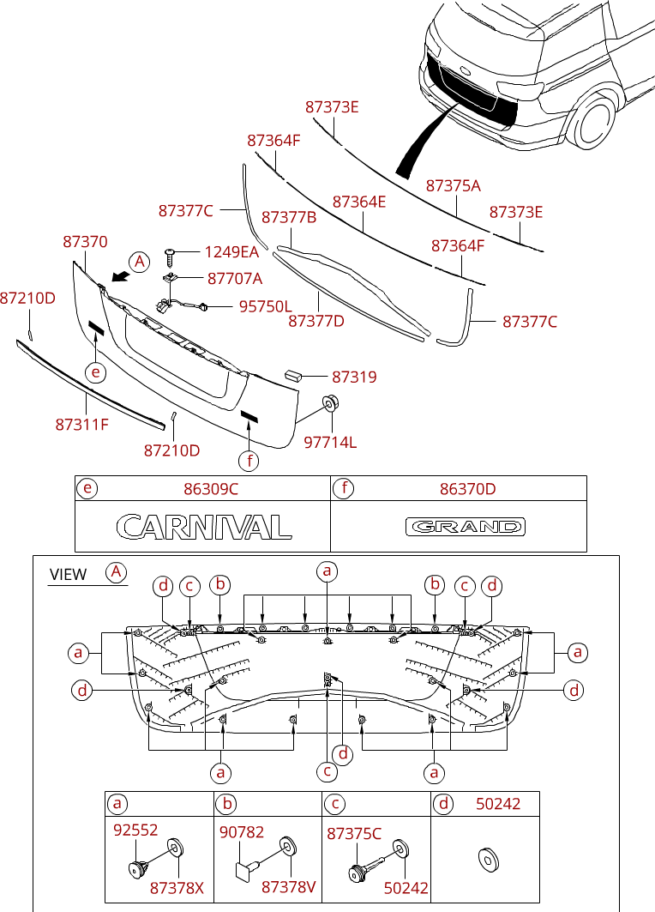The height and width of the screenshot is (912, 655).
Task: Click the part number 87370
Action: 86,242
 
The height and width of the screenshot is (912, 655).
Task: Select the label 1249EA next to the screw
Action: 231,252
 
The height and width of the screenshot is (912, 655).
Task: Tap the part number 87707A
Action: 235,279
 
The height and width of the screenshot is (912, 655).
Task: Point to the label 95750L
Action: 265,306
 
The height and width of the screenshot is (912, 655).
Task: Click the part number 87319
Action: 355,377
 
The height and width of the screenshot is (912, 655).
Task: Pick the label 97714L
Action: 330,442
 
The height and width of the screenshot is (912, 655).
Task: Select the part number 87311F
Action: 82,424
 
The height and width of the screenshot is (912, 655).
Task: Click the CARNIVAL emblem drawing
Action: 202,526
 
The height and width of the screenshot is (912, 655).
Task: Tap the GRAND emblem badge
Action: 466,527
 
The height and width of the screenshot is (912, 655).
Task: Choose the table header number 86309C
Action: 211,489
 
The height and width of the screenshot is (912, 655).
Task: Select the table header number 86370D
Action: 468,489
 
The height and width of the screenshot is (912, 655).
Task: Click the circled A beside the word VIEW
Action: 116,572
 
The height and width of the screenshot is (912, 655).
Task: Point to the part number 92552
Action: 135,830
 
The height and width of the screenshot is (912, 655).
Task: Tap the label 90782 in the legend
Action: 242,832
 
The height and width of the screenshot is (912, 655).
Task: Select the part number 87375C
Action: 354,833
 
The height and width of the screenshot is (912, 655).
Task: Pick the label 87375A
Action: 454,185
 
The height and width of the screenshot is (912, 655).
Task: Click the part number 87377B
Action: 289,218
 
